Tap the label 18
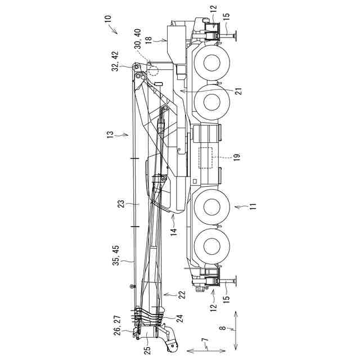(x=148, y=39)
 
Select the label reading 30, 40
(x=137, y=39)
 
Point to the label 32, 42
(x=115, y=61)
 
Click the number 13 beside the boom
(x=110, y=134)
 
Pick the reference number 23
(x=121, y=204)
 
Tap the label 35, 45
(x=116, y=255)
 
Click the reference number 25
(x=148, y=350)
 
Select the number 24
(x=181, y=319)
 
